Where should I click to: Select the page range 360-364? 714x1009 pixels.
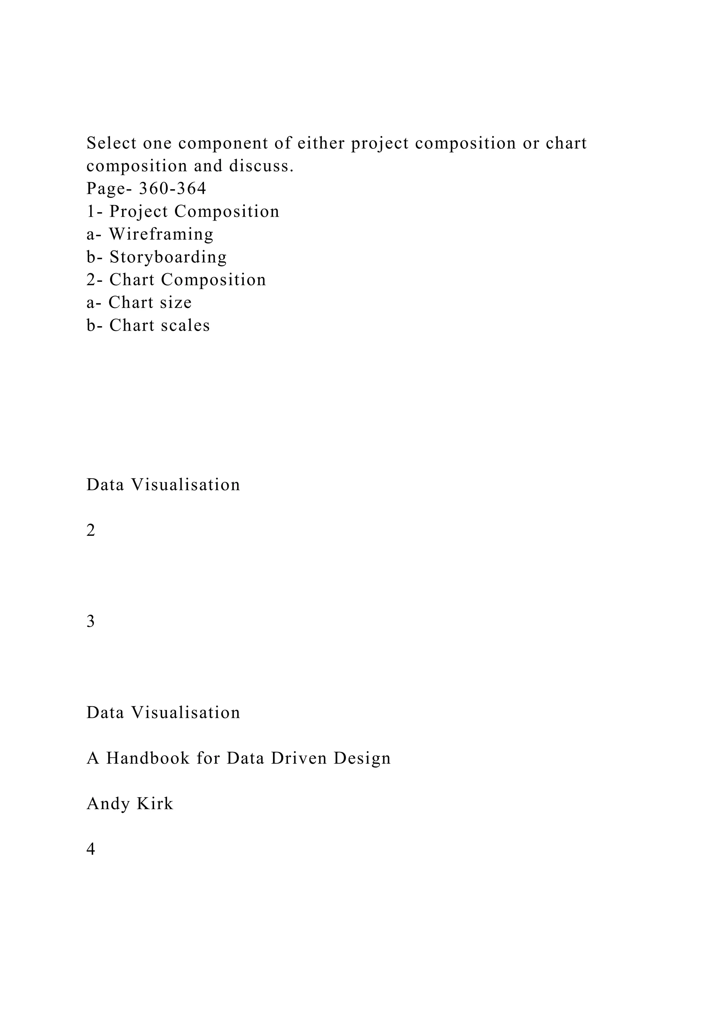(x=172, y=189)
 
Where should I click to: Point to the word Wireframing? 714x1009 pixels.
(x=161, y=234)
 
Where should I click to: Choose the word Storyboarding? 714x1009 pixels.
(x=168, y=257)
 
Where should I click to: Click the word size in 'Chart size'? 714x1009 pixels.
(x=176, y=302)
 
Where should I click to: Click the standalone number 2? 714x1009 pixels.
(x=91, y=530)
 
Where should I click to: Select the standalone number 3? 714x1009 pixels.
(x=91, y=622)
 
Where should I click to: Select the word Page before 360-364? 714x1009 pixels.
(x=106, y=189)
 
